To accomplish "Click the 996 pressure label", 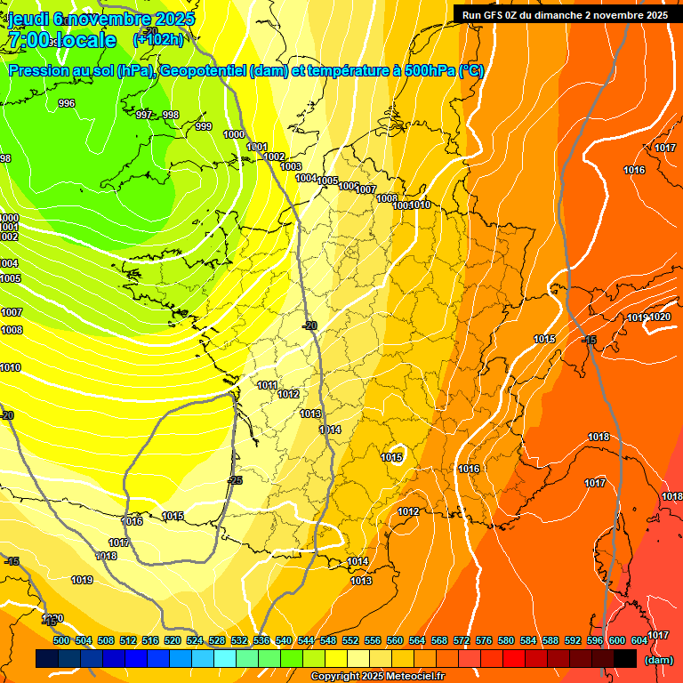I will coord(67,104).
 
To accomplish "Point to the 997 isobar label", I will coord(144,115).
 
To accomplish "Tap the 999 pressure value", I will coord(204,127).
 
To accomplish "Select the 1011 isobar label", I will coord(267,385).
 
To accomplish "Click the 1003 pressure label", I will coord(291,166).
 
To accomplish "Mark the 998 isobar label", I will coord(171,115).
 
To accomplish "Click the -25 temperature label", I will coord(235,480).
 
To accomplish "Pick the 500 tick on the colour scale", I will coord(61,640).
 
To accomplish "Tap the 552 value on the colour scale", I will coord(350,640).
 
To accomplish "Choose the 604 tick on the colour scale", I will coord(639,640).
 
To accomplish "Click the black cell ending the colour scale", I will coord(624,658).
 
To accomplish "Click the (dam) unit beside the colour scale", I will coord(658,660).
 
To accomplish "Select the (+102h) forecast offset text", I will coord(157,40).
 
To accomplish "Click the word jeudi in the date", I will coord(27,19).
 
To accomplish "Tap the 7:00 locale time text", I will coord(62,41).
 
